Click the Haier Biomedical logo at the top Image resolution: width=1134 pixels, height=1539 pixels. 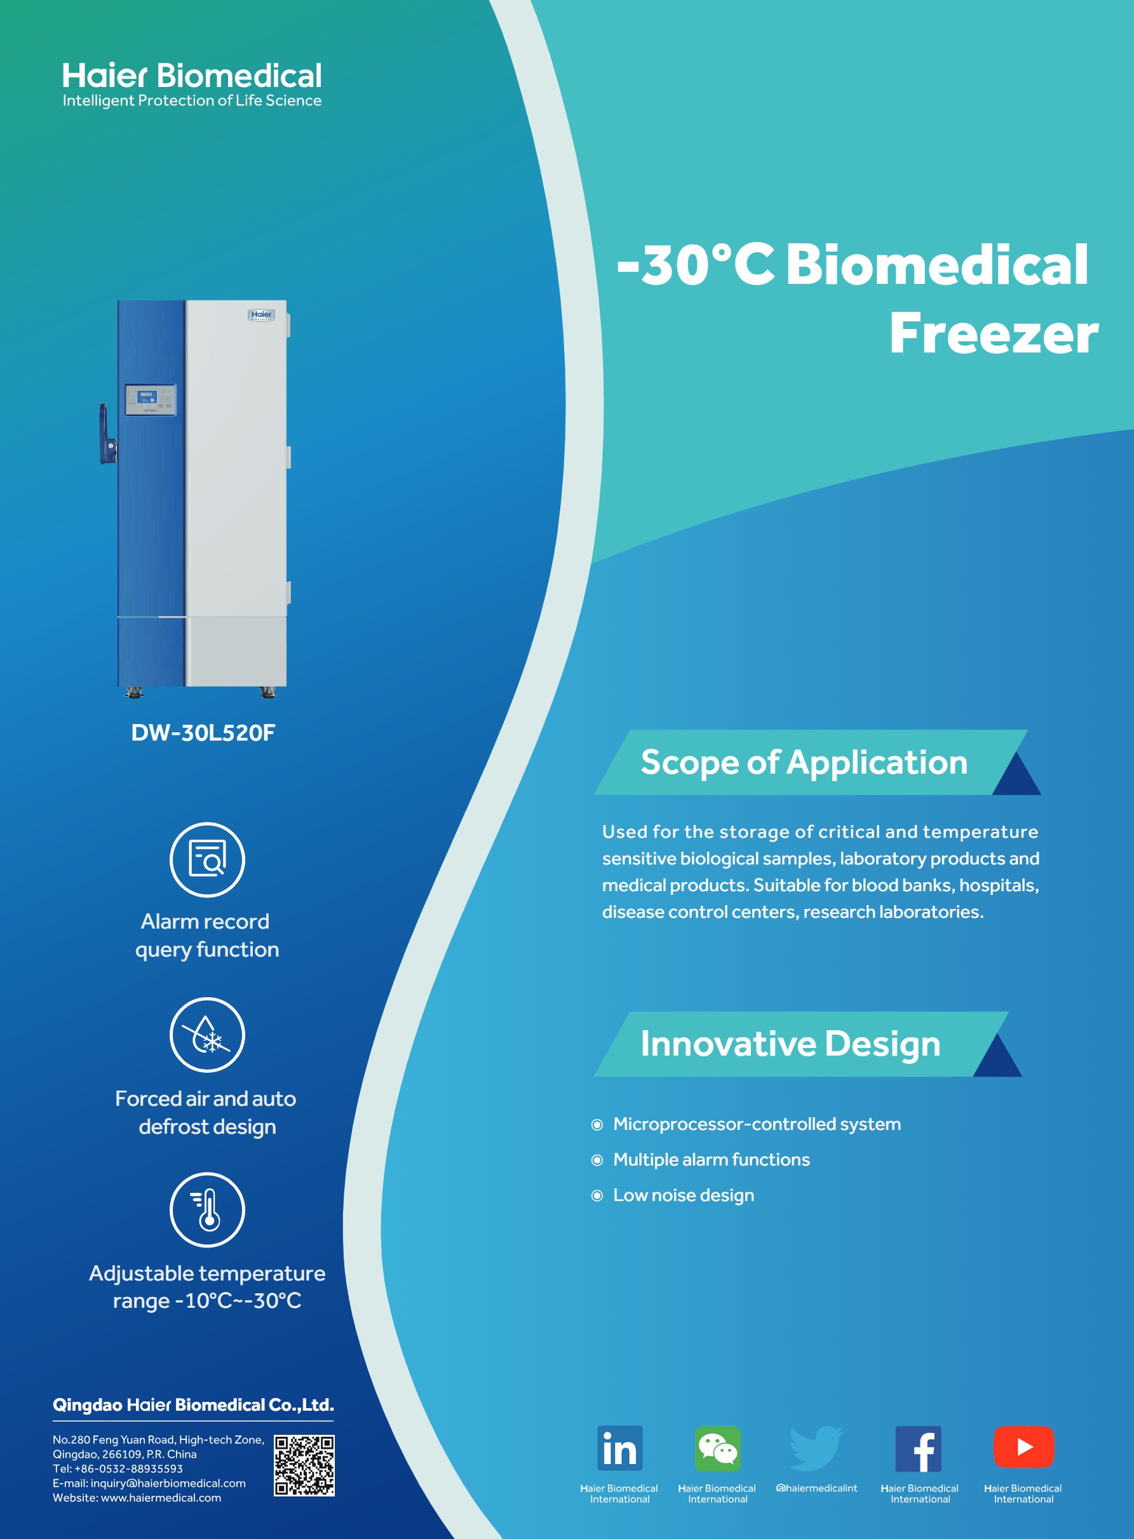click(191, 84)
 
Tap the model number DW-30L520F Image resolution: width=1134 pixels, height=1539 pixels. click(203, 733)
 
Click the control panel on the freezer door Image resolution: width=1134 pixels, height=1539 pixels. click(151, 400)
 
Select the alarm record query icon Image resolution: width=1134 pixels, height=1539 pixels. click(207, 860)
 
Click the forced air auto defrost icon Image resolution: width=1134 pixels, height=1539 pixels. click(207, 1035)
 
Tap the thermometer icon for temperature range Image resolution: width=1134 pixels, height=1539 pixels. click(207, 1209)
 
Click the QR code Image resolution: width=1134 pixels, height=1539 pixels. click(304, 1465)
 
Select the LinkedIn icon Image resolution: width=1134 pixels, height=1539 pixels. click(620, 1448)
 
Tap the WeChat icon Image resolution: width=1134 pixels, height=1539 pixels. click(717, 1448)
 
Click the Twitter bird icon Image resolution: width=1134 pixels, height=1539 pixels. click(816, 1448)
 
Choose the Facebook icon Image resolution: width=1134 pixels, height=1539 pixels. click(919, 1449)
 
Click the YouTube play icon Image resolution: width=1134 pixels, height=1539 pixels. click(1023, 1446)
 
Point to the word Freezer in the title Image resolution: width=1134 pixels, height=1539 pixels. click(994, 334)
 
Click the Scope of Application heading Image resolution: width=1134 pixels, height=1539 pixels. click(804, 762)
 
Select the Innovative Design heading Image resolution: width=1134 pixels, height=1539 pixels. click(790, 1044)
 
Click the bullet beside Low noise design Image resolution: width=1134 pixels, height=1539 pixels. click(597, 1196)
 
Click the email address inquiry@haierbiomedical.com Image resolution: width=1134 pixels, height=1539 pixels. click(168, 1482)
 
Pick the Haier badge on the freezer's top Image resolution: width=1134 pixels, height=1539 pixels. click(262, 315)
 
